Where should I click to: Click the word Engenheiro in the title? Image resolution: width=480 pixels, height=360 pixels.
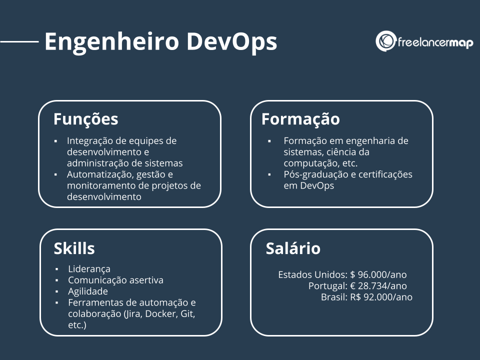click(112, 42)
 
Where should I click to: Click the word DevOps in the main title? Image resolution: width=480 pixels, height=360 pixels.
click(231, 42)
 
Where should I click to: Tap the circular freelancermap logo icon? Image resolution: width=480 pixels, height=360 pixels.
click(385, 41)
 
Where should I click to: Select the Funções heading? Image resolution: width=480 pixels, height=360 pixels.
click(85, 119)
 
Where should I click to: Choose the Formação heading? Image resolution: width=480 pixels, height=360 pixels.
click(300, 119)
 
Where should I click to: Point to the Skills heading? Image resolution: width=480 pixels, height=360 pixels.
click(74, 248)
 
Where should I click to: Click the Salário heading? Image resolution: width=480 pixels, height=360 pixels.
click(293, 248)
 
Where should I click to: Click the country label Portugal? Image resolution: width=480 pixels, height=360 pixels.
click(328, 286)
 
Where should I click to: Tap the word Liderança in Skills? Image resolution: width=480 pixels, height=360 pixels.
click(89, 269)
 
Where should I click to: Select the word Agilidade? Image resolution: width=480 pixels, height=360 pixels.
click(88, 291)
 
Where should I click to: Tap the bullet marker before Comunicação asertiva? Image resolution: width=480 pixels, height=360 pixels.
click(57, 280)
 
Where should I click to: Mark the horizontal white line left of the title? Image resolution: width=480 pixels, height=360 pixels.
click(19, 42)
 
